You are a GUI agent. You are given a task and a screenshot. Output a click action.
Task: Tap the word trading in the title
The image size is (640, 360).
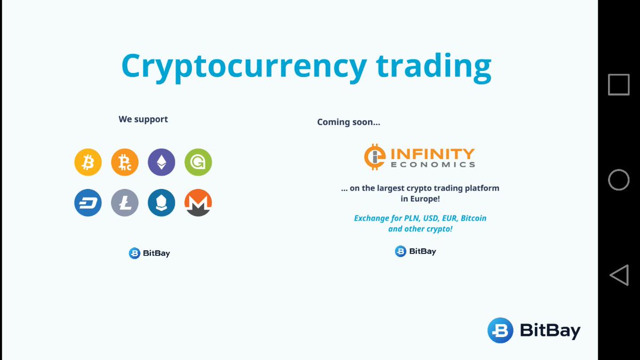[x=433, y=67]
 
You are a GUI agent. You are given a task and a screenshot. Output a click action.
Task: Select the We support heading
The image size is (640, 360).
[x=143, y=119]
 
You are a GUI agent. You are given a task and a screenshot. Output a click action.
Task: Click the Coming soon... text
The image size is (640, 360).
[x=348, y=122]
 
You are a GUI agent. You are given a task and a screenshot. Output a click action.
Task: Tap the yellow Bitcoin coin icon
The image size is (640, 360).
[x=87, y=162]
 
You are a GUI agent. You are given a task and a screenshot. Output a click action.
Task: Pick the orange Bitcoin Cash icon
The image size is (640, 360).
[x=125, y=162]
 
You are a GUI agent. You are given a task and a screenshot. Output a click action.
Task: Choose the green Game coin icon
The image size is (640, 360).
[x=198, y=162]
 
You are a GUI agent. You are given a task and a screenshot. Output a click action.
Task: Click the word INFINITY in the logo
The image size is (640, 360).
[x=433, y=154]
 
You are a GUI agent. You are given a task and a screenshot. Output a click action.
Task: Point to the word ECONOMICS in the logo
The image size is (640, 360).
[x=433, y=165]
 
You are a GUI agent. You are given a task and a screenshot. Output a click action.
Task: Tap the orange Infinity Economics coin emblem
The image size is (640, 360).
[x=375, y=157]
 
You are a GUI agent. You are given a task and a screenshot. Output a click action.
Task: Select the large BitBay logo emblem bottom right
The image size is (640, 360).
[x=500, y=330]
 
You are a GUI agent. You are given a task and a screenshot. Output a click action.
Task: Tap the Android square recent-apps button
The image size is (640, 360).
[x=619, y=85]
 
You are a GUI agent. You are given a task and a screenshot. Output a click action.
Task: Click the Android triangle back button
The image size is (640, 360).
[x=619, y=275]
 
